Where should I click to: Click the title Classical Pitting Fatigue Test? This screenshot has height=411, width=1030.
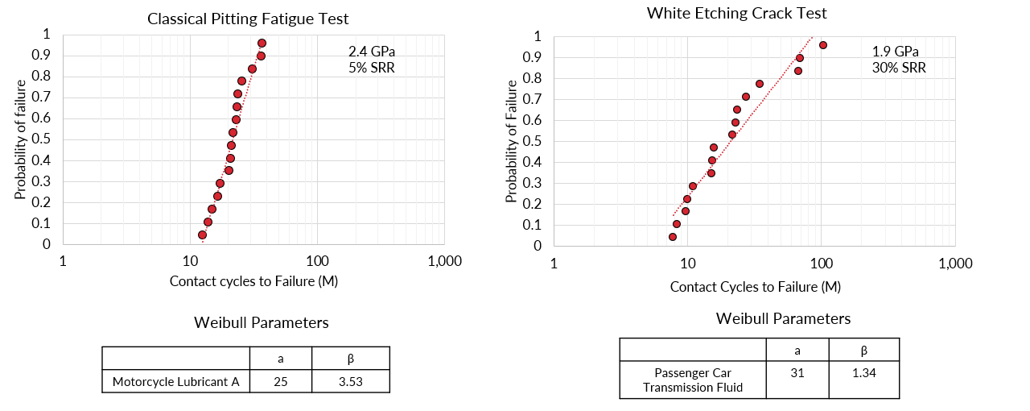[248, 19]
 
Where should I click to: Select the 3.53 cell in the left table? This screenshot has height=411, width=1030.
[350, 382]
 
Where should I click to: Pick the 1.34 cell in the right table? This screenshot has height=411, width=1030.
[863, 373]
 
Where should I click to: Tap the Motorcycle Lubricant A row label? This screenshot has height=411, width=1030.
[176, 382]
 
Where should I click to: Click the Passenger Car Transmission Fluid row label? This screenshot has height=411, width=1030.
[693, 380]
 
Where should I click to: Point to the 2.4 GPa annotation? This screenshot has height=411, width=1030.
[372, 52]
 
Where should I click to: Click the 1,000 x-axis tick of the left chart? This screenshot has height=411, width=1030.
[444, 261]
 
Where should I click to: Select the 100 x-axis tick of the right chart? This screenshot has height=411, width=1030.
[821, 264]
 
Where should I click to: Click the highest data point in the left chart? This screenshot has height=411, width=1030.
[262, 43]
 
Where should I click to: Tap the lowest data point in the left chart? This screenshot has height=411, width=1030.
[202, 235]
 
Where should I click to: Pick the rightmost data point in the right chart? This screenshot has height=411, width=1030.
[822, 45]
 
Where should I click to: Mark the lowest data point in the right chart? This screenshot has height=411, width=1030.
[673, 237]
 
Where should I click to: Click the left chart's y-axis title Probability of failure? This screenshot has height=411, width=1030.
[21, 139]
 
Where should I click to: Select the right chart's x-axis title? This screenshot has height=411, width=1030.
[755, 287]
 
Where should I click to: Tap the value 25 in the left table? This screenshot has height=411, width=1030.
[281, 382]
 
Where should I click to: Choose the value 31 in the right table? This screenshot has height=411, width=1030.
[797, 373]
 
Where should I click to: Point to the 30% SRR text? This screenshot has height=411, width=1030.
[899, 68]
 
